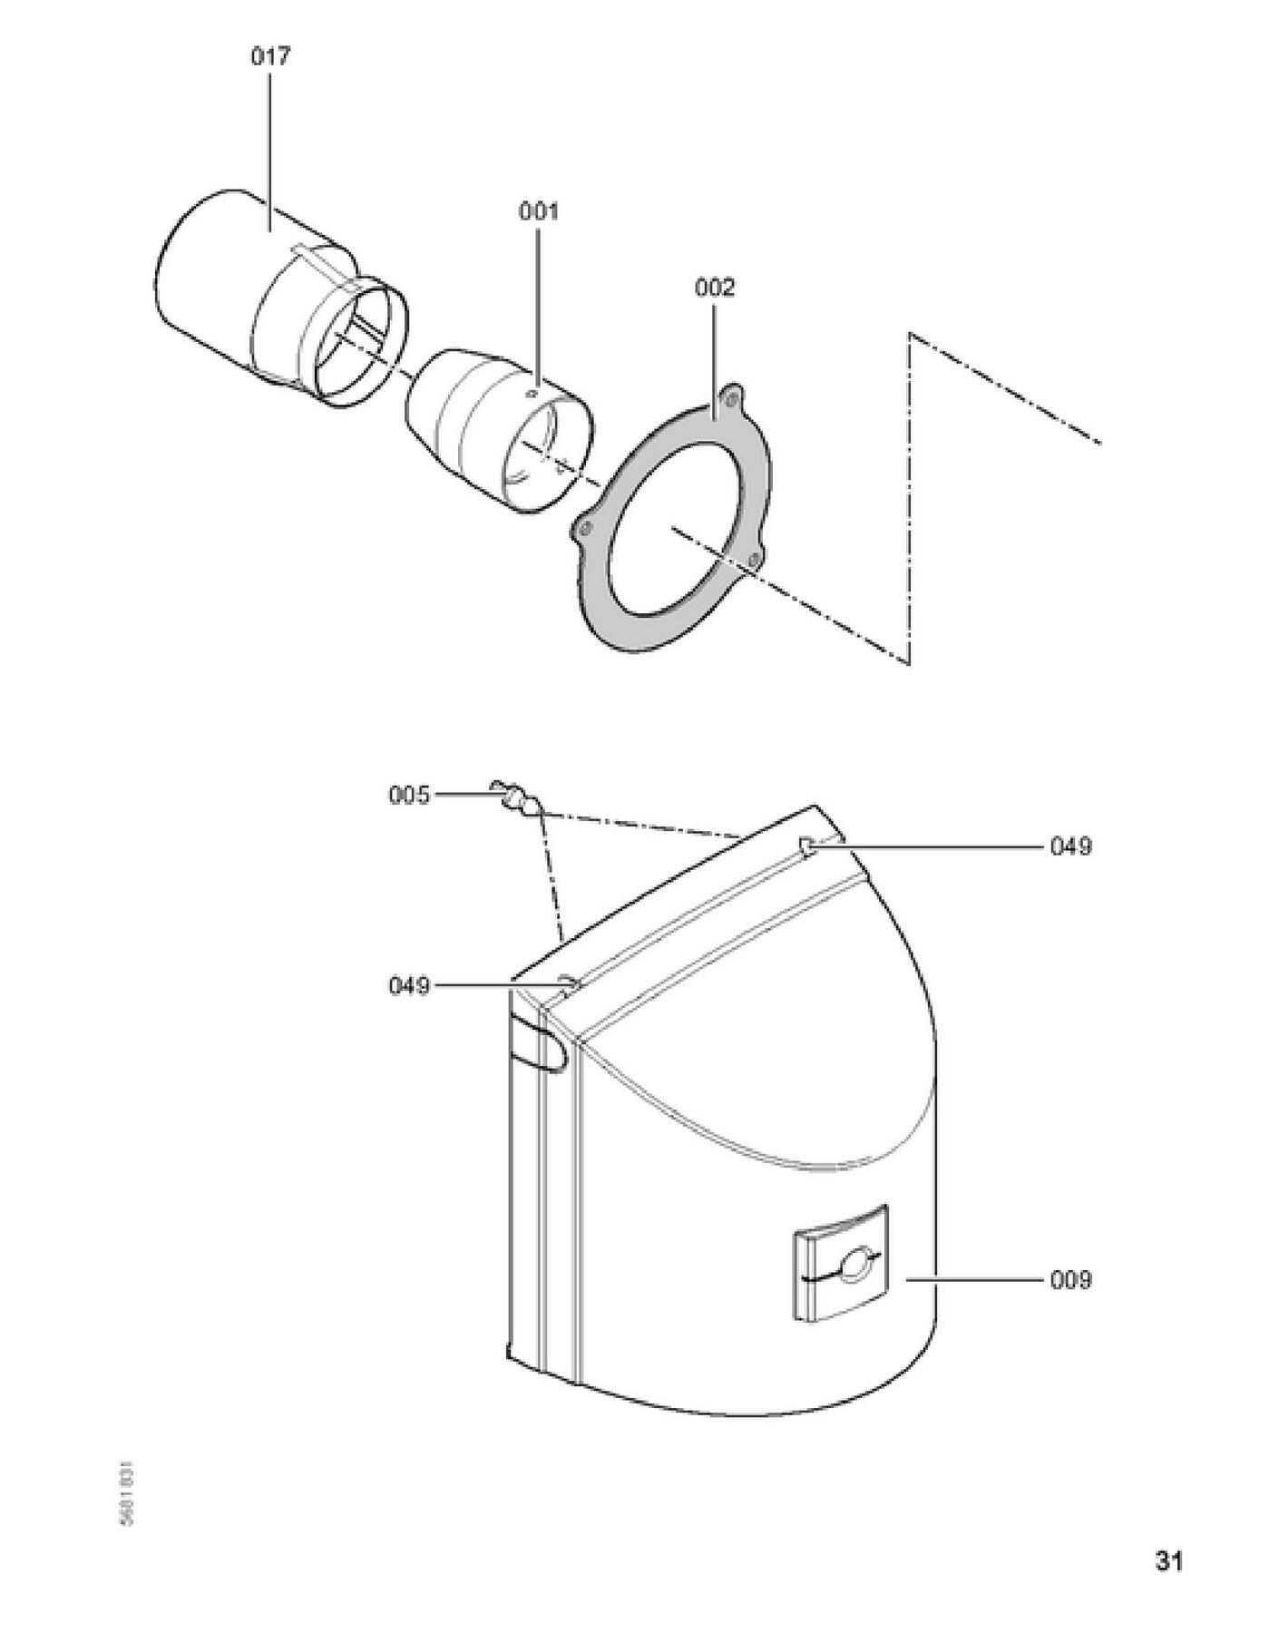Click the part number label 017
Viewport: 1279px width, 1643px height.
[270, 56]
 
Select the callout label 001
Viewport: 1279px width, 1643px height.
[539, 211]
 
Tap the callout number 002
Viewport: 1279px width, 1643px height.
[715, 288]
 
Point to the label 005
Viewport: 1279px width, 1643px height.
[408, 796]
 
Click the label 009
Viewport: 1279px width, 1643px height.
[1070, 1280]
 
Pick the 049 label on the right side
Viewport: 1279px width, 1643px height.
[1070, 846]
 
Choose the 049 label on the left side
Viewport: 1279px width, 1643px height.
[408, 985]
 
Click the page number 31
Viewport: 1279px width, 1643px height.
[1168, 1560]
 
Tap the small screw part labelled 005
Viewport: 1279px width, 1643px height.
[516, 797]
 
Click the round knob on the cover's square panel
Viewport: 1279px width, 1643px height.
[853, 1266]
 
